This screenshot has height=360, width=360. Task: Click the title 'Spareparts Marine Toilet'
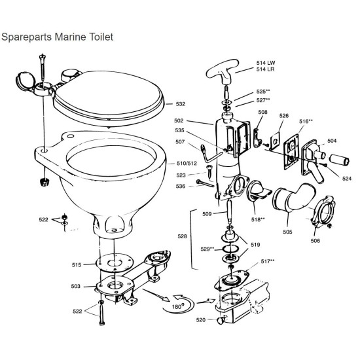click(x=57, y=37)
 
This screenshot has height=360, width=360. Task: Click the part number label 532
click(x=181, y=103)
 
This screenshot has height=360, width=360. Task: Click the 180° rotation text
click(x=175, y=304)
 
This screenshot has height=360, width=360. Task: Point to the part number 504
click(x=332, y=141)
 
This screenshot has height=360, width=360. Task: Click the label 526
click(x=283, y=117)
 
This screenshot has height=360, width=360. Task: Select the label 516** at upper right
click(x=306, y=121)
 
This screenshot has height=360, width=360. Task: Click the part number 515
click(x=77, y=264)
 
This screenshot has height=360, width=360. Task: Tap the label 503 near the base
click(x=77, y=286)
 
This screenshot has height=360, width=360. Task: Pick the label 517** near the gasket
click(x=267, y=261)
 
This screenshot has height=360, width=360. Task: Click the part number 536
click(x=181, y=187)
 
